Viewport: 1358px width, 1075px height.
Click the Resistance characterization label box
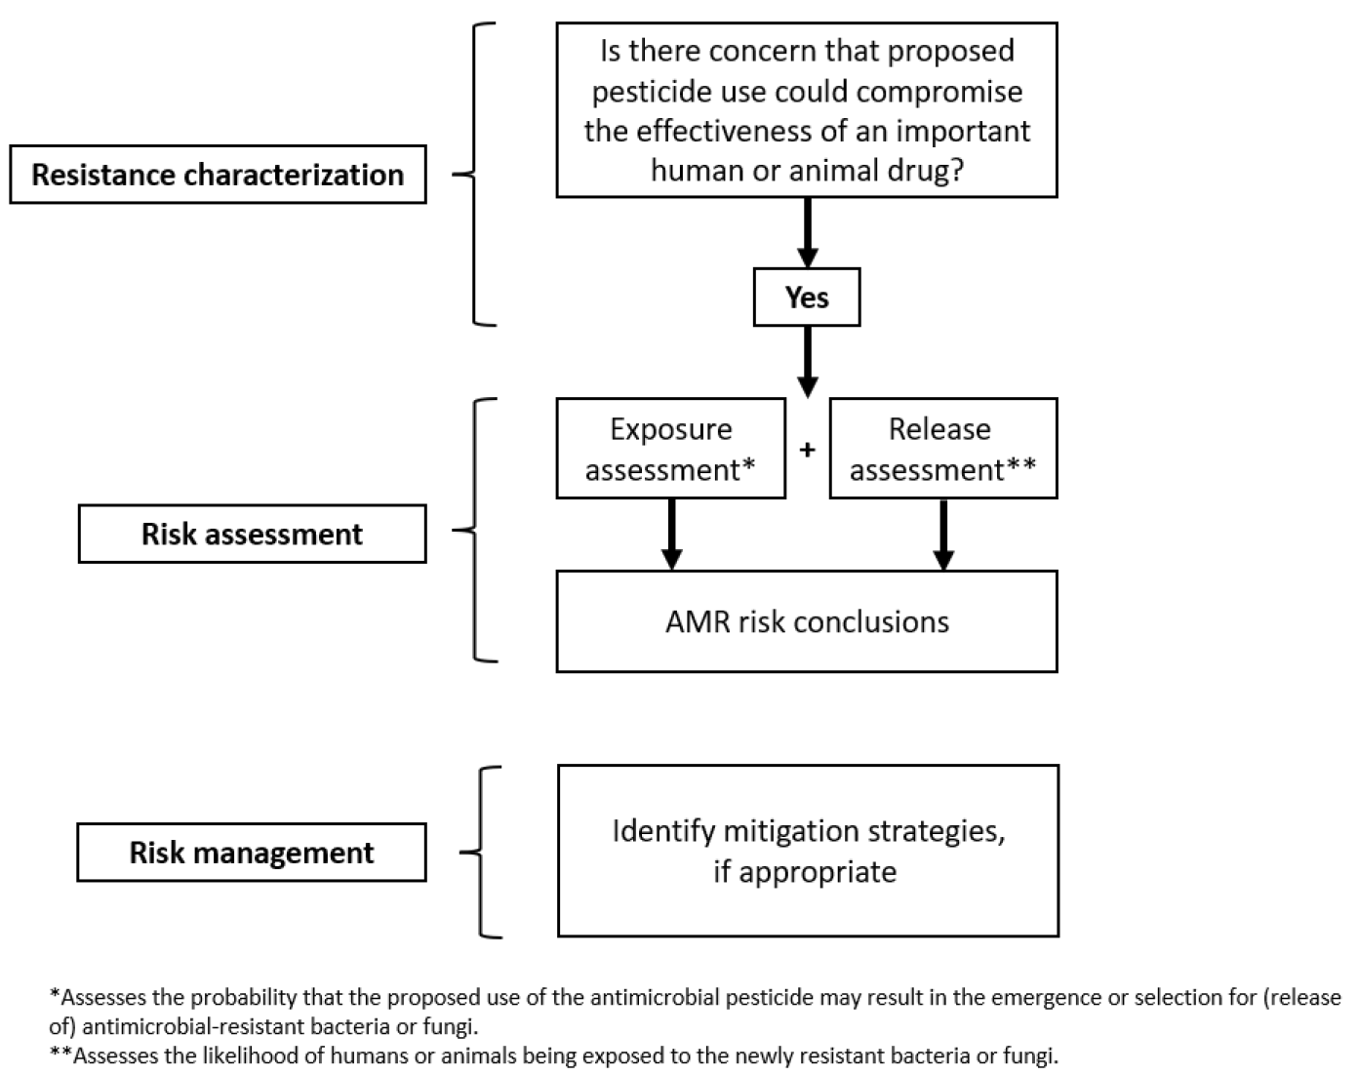tap(218, 175)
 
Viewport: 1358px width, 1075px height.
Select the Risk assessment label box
tap(252, 534)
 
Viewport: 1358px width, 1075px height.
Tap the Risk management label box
tap(252, 853)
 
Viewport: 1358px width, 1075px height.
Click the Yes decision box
tap(807, 298)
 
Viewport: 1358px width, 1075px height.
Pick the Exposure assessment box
tap(670, 449)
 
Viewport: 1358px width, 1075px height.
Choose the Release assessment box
tap(942, 449)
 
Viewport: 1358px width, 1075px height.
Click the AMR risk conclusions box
tap(807, 621)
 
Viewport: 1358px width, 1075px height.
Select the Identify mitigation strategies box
tap(808, 851)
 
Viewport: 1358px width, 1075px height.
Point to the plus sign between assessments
tap(807, 450)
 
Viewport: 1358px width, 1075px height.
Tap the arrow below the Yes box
tap(807, 361)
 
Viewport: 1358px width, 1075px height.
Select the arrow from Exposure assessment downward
tap(671, 534)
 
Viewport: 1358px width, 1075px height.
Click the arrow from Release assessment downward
tap(942, 534)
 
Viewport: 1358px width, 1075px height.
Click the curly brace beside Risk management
tap(481, 852)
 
